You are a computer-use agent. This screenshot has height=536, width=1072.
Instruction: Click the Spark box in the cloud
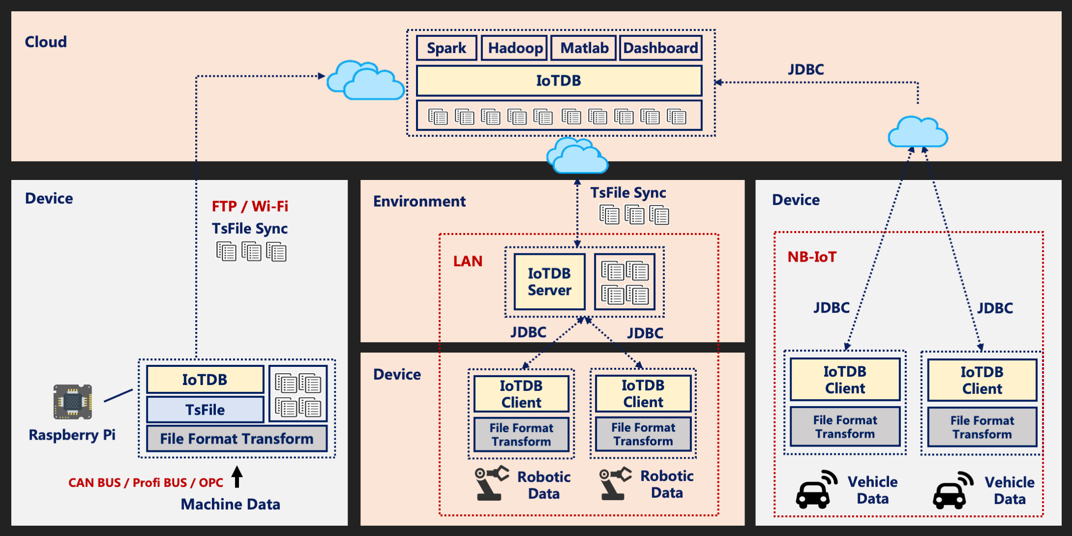tap(447, 48)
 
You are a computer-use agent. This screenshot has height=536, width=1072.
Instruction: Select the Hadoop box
tap(515, 48)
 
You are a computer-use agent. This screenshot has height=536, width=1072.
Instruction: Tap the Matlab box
tap(584, 48)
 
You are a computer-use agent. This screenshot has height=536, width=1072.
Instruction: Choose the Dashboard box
tap(660, 48)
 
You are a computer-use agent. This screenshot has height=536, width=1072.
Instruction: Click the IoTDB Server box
tap(549, 282)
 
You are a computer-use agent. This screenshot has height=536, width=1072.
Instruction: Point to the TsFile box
tap(205, 410)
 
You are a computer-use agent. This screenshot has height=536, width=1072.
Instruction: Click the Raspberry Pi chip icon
tap(73, 402)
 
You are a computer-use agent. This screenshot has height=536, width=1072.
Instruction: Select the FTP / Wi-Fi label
tap(250, 206)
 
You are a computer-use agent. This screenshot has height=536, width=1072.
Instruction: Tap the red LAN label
tap(468, 261)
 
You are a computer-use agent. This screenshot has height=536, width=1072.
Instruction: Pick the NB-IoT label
tap(812, 257)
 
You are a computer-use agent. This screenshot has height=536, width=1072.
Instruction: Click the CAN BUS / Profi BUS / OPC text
tap(146, 482)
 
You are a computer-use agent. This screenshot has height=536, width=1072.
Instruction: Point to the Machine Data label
tap(230, 504)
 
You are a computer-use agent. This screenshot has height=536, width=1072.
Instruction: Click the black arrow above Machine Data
tap(237, 476)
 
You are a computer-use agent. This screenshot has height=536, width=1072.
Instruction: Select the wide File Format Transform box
tap(237, 439)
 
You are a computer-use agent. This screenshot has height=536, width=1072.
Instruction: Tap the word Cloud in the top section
tap(46, 42)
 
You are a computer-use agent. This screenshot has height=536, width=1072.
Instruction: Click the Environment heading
tap(419, 201)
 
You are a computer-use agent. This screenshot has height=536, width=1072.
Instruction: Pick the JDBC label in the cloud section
tap(806, 69)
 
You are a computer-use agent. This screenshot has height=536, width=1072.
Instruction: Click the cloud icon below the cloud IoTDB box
tap(578, 156)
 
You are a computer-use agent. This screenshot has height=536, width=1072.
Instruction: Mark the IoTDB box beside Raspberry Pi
tap(205, 380)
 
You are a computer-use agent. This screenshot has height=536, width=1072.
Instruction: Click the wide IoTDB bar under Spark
tap(559, 81)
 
